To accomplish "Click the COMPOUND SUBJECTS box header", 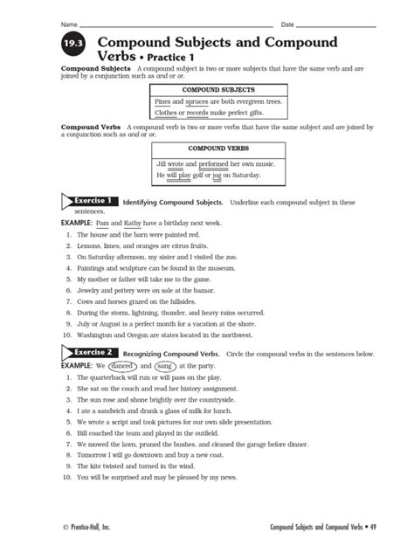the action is click(x=218, y=89).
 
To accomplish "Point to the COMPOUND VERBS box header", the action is click(x=218, y=149).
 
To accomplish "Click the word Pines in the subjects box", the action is click(x=162, y=102).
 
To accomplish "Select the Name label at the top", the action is click(x=69, y=23).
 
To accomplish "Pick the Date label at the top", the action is click(x=288, y=23).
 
